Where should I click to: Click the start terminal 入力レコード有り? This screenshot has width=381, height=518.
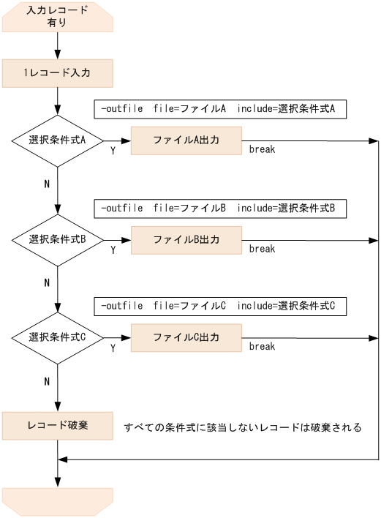[57, 16]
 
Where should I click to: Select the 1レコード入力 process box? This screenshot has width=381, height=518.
[57, 73]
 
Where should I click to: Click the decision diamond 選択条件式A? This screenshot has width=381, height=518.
[57, 140]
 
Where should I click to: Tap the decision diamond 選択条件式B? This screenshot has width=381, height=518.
[57, 239]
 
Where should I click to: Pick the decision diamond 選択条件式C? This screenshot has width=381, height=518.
[57, 337]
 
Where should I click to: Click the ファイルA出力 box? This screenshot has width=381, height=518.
[186, 140]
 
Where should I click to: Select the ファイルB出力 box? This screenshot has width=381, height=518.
[186, 239]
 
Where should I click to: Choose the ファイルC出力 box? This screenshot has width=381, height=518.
[186, 337]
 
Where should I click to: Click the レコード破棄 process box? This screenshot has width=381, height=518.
[57, 425]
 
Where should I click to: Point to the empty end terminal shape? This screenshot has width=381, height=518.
[57, 501]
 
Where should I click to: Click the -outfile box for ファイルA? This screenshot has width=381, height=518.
[219, 108]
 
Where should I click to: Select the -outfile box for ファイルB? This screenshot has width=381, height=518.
[219, 208]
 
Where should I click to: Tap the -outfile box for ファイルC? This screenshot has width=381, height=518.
[219, 305]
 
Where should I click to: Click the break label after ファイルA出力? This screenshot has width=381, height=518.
[262, 149]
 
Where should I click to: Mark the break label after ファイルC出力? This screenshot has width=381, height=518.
[262, 347]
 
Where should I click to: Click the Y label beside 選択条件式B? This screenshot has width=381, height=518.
[113, 249]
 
